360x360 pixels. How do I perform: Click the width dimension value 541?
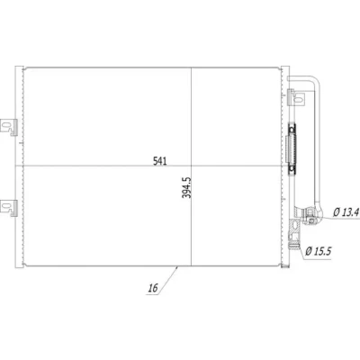pos(159,161)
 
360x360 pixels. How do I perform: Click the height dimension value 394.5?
pos(186,187)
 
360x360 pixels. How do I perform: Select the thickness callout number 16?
pos(153,288)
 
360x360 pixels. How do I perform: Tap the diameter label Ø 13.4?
pos(346,212)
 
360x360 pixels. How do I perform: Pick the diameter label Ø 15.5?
pos(319,251)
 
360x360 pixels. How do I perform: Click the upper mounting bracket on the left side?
pos(9,128)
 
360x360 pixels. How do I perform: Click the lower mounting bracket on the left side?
pos(9,208)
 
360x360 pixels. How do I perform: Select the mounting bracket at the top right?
pos(296,97)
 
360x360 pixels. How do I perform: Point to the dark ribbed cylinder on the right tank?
pos(292,148)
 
